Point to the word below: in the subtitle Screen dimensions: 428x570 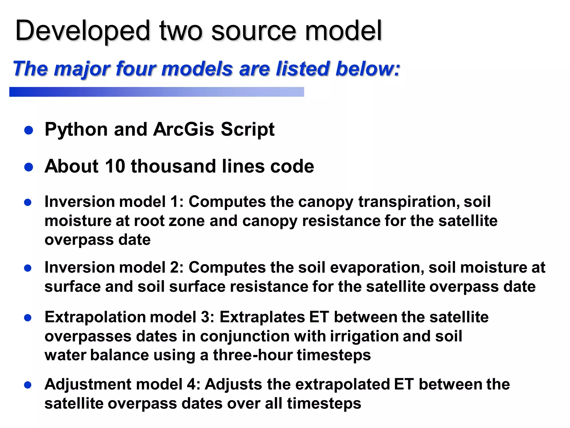click(367, 69)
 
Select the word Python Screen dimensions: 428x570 click(76, 130)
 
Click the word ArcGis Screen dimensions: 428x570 click(184, 130)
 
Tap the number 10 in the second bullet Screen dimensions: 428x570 click(115, 166)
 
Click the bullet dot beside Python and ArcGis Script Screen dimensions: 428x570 click(29, 130)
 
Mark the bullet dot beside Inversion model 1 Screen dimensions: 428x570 click(28, 202)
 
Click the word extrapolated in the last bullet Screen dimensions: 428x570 click(343, 385)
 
